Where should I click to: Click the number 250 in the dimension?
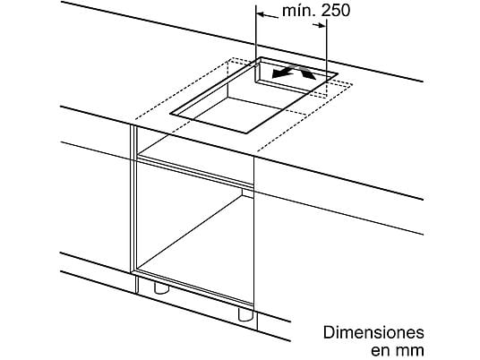click(336, 10)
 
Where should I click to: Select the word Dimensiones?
click(373, 333)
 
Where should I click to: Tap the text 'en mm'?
click(398, 350)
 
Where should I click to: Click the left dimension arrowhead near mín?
click(261, 13)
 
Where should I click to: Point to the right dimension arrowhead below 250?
click(322, 25)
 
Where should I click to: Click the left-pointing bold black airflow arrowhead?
click(278, 73)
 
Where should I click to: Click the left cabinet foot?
click(161, 288)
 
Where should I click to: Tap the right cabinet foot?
click(245, 314)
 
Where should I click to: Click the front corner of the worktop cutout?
click(245, 133)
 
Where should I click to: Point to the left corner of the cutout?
click(170, 114)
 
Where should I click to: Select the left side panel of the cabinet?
click(133, 199)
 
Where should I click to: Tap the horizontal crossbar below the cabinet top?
click(195, 171)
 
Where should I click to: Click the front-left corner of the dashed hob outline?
click(135, 118)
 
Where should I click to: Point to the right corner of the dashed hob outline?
click(352, 84)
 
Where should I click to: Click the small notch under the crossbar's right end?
click(248, 193)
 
